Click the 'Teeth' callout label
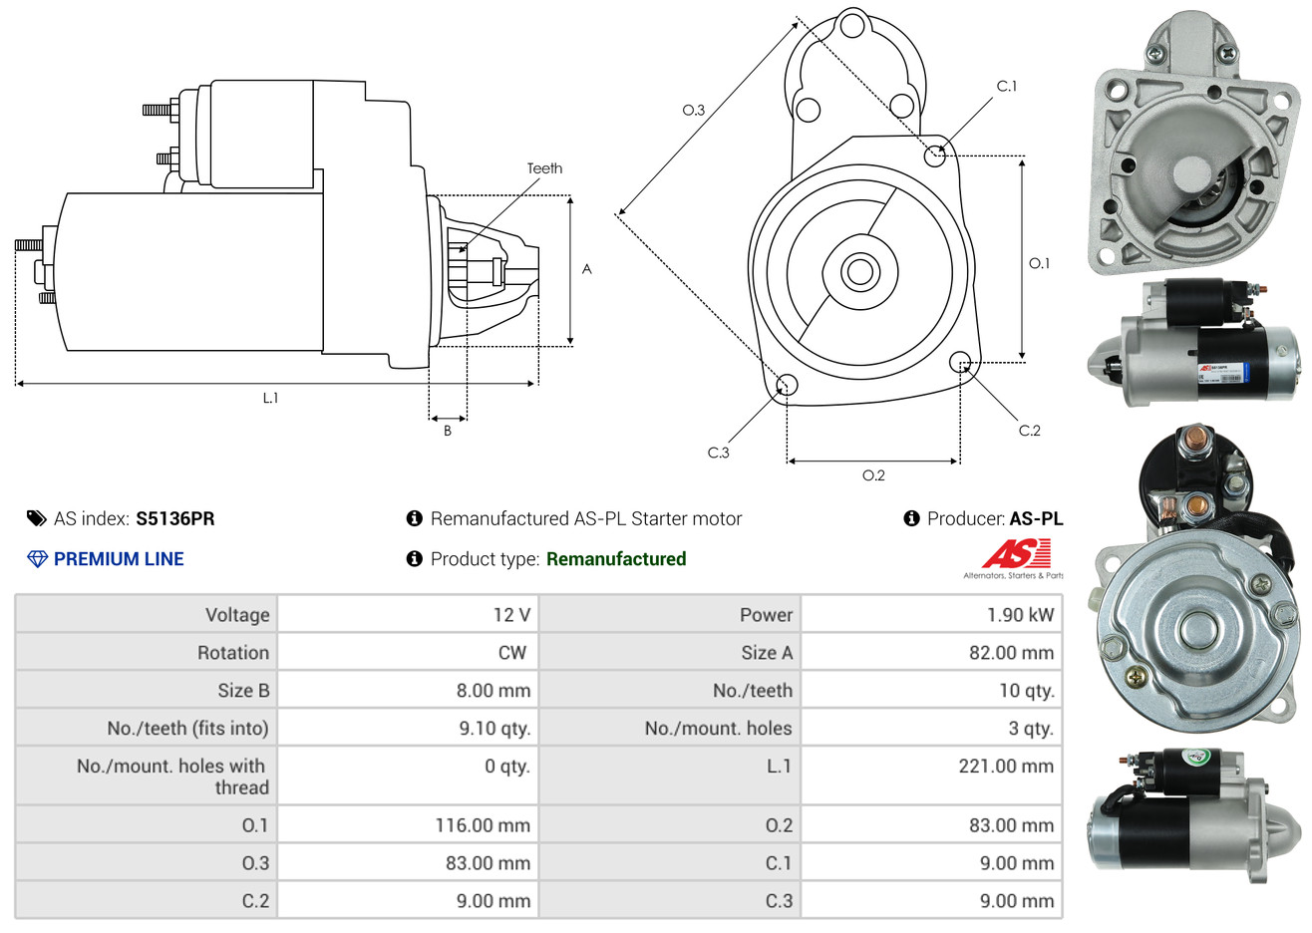click(544, 168)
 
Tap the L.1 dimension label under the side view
click(271, 398)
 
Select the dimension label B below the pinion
click(448, 431)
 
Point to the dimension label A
click(587, 269)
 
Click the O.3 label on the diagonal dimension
click(694, 110)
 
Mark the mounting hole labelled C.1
click(935, 155)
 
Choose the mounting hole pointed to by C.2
click(960, 361)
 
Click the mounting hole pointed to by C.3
click(787, 385)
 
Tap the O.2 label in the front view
click(873, 475)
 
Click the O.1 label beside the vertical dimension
click(1039, 263)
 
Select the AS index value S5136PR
click(175, 518)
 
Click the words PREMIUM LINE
click(119, 559)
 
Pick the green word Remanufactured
click(616, 559)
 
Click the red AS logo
click(1016, 553)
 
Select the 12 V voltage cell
click(511, 615)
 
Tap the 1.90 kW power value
click(1020, 615)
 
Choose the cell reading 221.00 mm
click(1006, 767)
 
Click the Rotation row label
click(233, 653)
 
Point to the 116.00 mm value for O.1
click(483, 825)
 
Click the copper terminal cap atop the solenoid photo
click(1191, 440)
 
